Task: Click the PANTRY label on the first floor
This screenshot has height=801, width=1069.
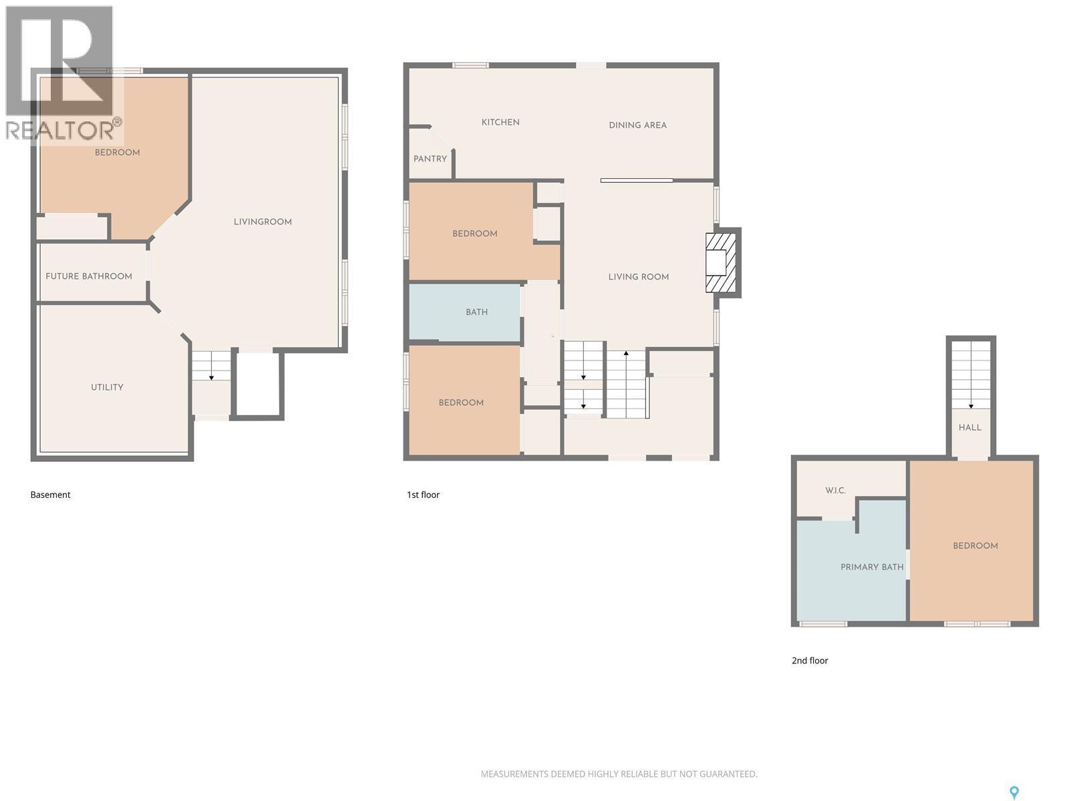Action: [430, 159]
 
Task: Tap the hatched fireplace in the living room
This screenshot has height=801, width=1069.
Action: [721, 262]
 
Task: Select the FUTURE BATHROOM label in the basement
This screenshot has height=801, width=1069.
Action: [89, 276]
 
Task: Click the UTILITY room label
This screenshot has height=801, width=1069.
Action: [107, 387]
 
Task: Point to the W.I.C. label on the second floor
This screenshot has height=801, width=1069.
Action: [835, 491]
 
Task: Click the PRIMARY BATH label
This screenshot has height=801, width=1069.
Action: [872, 567]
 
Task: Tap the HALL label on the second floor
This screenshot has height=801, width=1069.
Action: [970, 428]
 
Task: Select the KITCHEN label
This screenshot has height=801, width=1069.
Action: [500, 122]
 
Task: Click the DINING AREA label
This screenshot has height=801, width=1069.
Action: [637, 125]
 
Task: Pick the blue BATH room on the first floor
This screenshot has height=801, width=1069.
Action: [476, 312]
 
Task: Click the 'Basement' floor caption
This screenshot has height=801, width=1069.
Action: [50, 495]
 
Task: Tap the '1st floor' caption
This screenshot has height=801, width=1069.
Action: [423, 495]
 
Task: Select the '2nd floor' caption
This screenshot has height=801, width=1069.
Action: [810, 660]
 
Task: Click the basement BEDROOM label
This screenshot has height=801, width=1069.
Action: [117, 153]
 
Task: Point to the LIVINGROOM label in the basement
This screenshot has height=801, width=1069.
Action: [263, 222]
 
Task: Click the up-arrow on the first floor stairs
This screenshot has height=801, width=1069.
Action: [626, 353]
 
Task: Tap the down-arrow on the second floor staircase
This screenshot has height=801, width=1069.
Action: [971, 405]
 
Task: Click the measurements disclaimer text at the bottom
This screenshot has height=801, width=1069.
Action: [619, 774]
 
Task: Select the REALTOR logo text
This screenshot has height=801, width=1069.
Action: [63, 129]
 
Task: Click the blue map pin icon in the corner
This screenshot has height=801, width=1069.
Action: [1014, 792]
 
